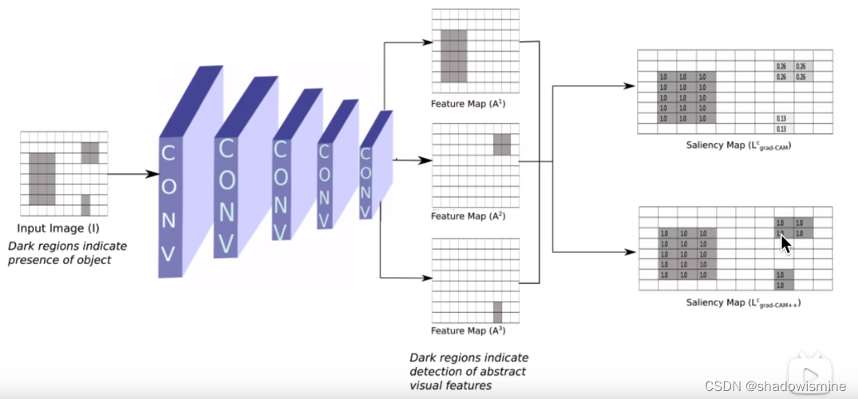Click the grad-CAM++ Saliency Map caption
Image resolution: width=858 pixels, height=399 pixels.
pyautogui.click(x=743, y=303)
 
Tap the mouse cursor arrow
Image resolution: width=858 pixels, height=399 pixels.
pyautogui.click(x=785, y=242)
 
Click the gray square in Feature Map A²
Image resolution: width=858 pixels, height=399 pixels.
pyautogui.click(x=501, y=144)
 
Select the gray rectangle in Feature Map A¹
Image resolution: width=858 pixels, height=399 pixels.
pyautogui.click(x=453, y=56)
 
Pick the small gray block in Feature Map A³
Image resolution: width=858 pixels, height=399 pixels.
pyautogui.click(x=497, y=312)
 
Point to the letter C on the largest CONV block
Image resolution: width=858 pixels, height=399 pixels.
pyautogui.click(x=169, y=151)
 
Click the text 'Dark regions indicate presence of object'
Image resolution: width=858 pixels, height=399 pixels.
pyautogui.click(x=67, y=253)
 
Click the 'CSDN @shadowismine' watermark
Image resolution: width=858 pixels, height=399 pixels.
pyautogui.click(x=775, y=386)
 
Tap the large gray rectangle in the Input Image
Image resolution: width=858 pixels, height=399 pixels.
pyautogui.click(x=42, y=179)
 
